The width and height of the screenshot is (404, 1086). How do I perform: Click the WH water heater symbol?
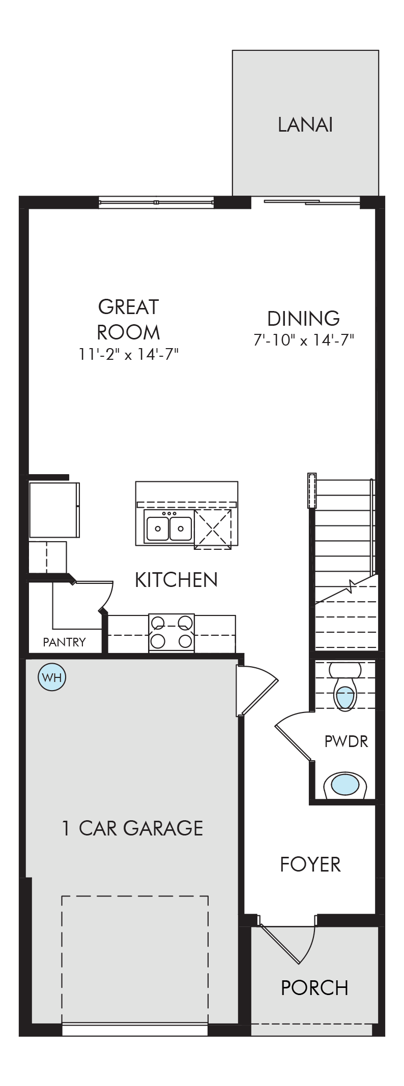(52, 677)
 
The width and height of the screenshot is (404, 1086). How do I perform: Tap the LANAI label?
(305, 125)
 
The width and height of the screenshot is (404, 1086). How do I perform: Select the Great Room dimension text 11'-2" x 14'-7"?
(128, 354)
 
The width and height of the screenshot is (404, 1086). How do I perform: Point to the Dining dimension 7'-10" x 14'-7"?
(304, 339)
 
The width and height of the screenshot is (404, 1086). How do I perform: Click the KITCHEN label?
(176, 580)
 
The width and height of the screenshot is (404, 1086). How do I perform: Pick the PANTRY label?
(64, 642)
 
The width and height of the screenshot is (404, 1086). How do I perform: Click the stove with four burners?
(171, 633)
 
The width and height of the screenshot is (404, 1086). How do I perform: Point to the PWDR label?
(346, 741)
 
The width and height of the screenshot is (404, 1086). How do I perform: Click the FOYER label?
(310, 864)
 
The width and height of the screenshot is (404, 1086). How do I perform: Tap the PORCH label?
(314, 987)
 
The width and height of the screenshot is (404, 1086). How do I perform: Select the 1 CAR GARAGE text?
(132, 828)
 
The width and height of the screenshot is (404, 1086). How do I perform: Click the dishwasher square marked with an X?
(213, 529)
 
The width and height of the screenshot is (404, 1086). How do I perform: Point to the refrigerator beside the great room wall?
(54, 510)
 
